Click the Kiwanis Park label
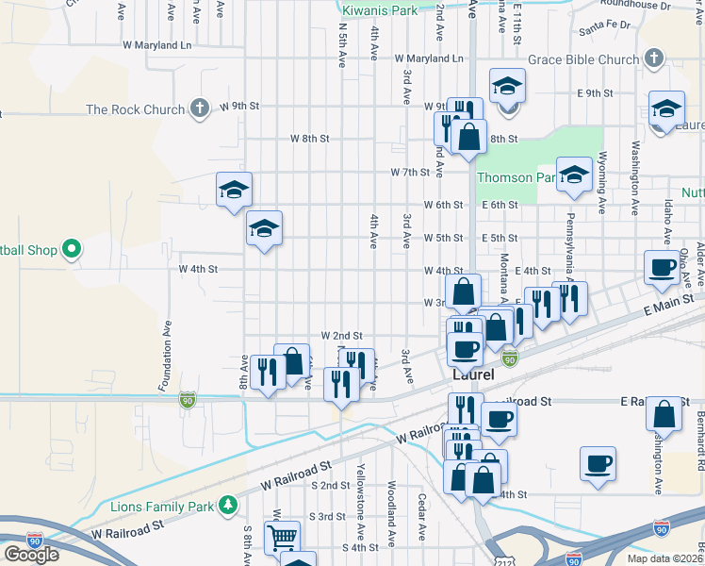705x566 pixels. [x=379, y=10]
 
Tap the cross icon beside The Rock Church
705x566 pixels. [x=199, y=108]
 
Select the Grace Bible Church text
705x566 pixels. [x=584, y=60]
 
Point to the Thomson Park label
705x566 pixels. [x=517, y=177]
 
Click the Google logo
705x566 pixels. [x=31, y=554]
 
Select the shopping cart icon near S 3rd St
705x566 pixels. [x=283, y=538]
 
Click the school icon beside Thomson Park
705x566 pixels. [x=574, y=174]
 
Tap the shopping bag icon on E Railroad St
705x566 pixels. [x=664, y=412]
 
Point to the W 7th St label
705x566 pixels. [x=410, y=173]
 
